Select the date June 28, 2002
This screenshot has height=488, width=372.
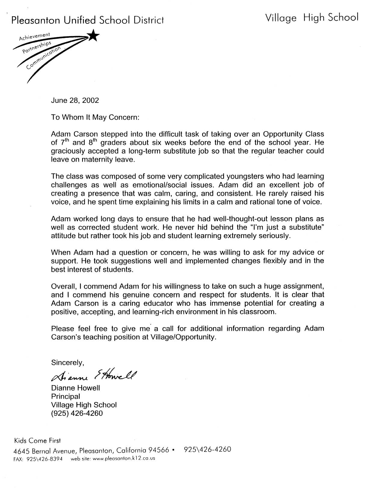point(75,100)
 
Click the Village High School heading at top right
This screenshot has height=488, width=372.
point(312,18)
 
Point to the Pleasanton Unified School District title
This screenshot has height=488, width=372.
point(88,20)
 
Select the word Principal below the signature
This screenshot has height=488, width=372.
point(66,396)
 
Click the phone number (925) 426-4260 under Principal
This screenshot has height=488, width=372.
point(77,413)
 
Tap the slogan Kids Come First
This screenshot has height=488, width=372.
point(37,440)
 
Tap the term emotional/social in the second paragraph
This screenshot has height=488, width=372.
point(173,185)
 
